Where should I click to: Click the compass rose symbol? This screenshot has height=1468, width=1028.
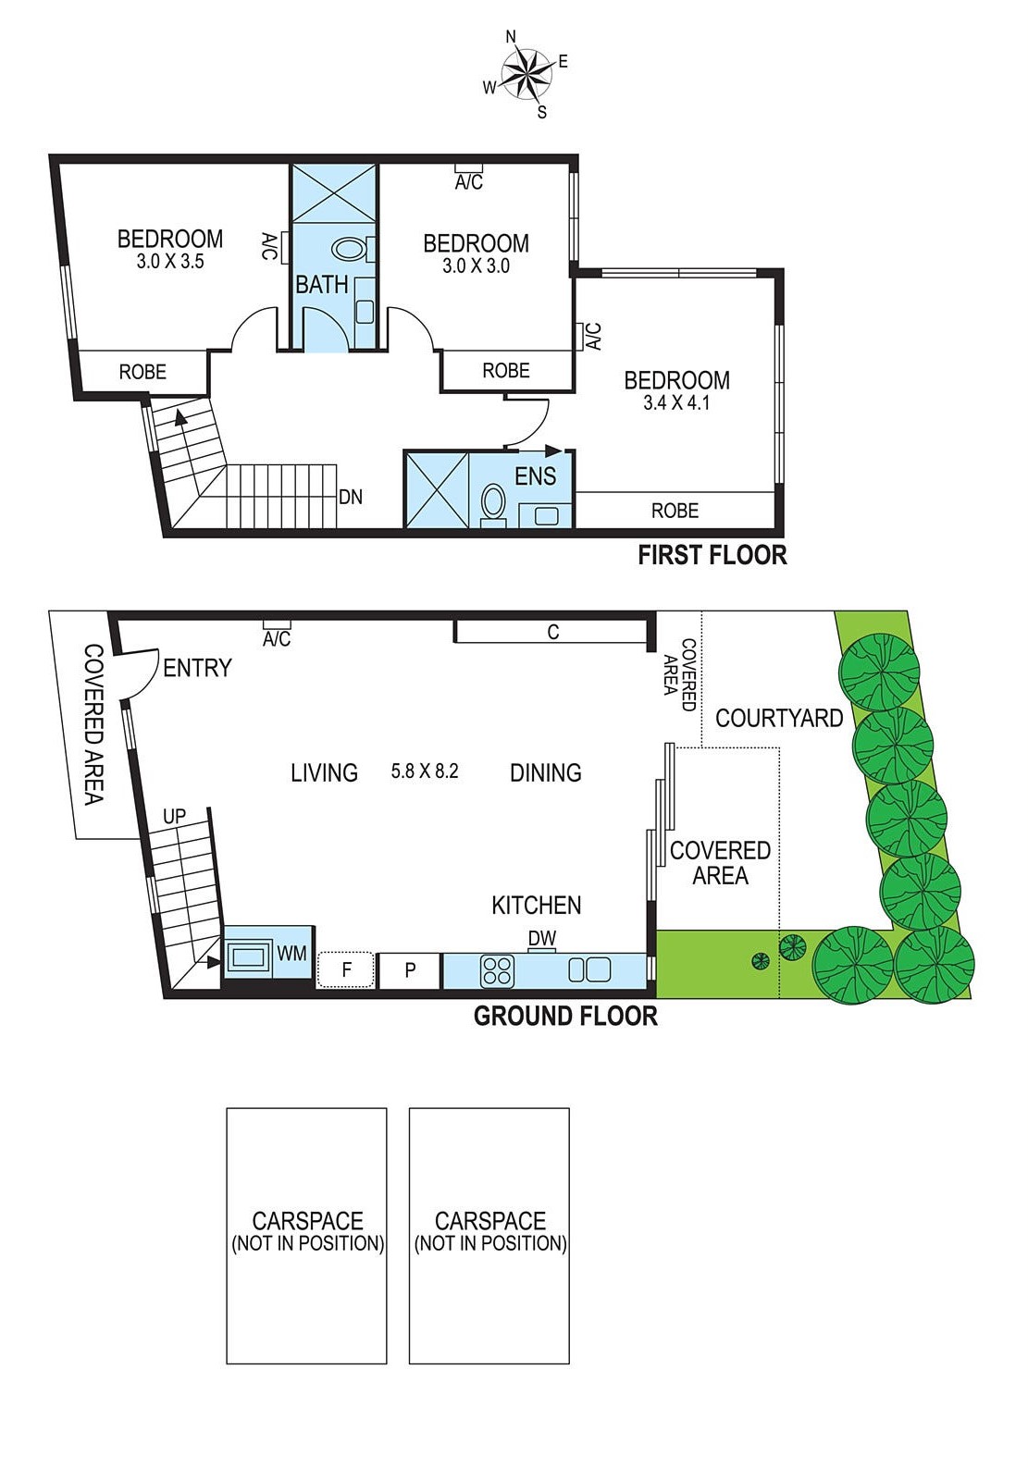pyautogui.click(x=525, y=75)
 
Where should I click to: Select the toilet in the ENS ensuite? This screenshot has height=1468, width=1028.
pyautogui.click(x=493, y=504)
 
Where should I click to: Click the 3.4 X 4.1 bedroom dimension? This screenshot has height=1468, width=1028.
pyautogui.click(x=676, y=403)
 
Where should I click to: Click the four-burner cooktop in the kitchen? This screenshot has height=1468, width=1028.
pyautogui.click(x=497, y=970)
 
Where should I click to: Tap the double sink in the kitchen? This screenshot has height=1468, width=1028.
pyautogui.click(x=589, y=970)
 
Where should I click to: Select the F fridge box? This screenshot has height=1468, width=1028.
pyautogui.click(x=346, y=970)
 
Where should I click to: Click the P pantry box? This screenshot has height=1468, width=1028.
pyautogui.click(x=410, y=970)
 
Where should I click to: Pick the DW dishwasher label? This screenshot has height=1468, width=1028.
pyautogui.click(x=542, y=939)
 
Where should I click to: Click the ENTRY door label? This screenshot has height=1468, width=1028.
pyautogui.click(x=197, y=668)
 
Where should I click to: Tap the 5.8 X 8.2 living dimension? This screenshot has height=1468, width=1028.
pyautogui.click(x=425, y=771)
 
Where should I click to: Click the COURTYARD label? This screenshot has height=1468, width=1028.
pyautogui.click(x=779, y=718)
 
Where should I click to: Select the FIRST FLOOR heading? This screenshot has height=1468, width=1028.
pyautogui.click(x=712, y=555)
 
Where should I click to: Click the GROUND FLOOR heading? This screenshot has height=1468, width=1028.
pyautogui.click(x=565, y=1016)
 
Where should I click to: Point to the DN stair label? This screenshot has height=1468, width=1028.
pyautogui.click(x=351, y=498)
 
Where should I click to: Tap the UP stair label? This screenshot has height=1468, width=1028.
pyautogui.click(x=174, y=817)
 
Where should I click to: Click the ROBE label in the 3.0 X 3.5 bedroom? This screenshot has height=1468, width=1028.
pyautogui.click(x=142, y=372)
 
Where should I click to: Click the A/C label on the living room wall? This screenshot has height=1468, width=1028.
pyautogui.click(x=277, y=639)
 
